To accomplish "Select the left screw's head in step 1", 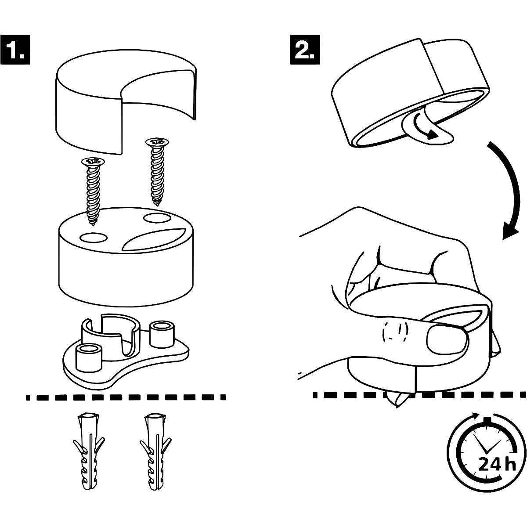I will (93, 162).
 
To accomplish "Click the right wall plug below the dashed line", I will (154, 452).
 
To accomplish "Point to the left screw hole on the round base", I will (94, 237).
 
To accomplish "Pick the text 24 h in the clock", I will (496, 464).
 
